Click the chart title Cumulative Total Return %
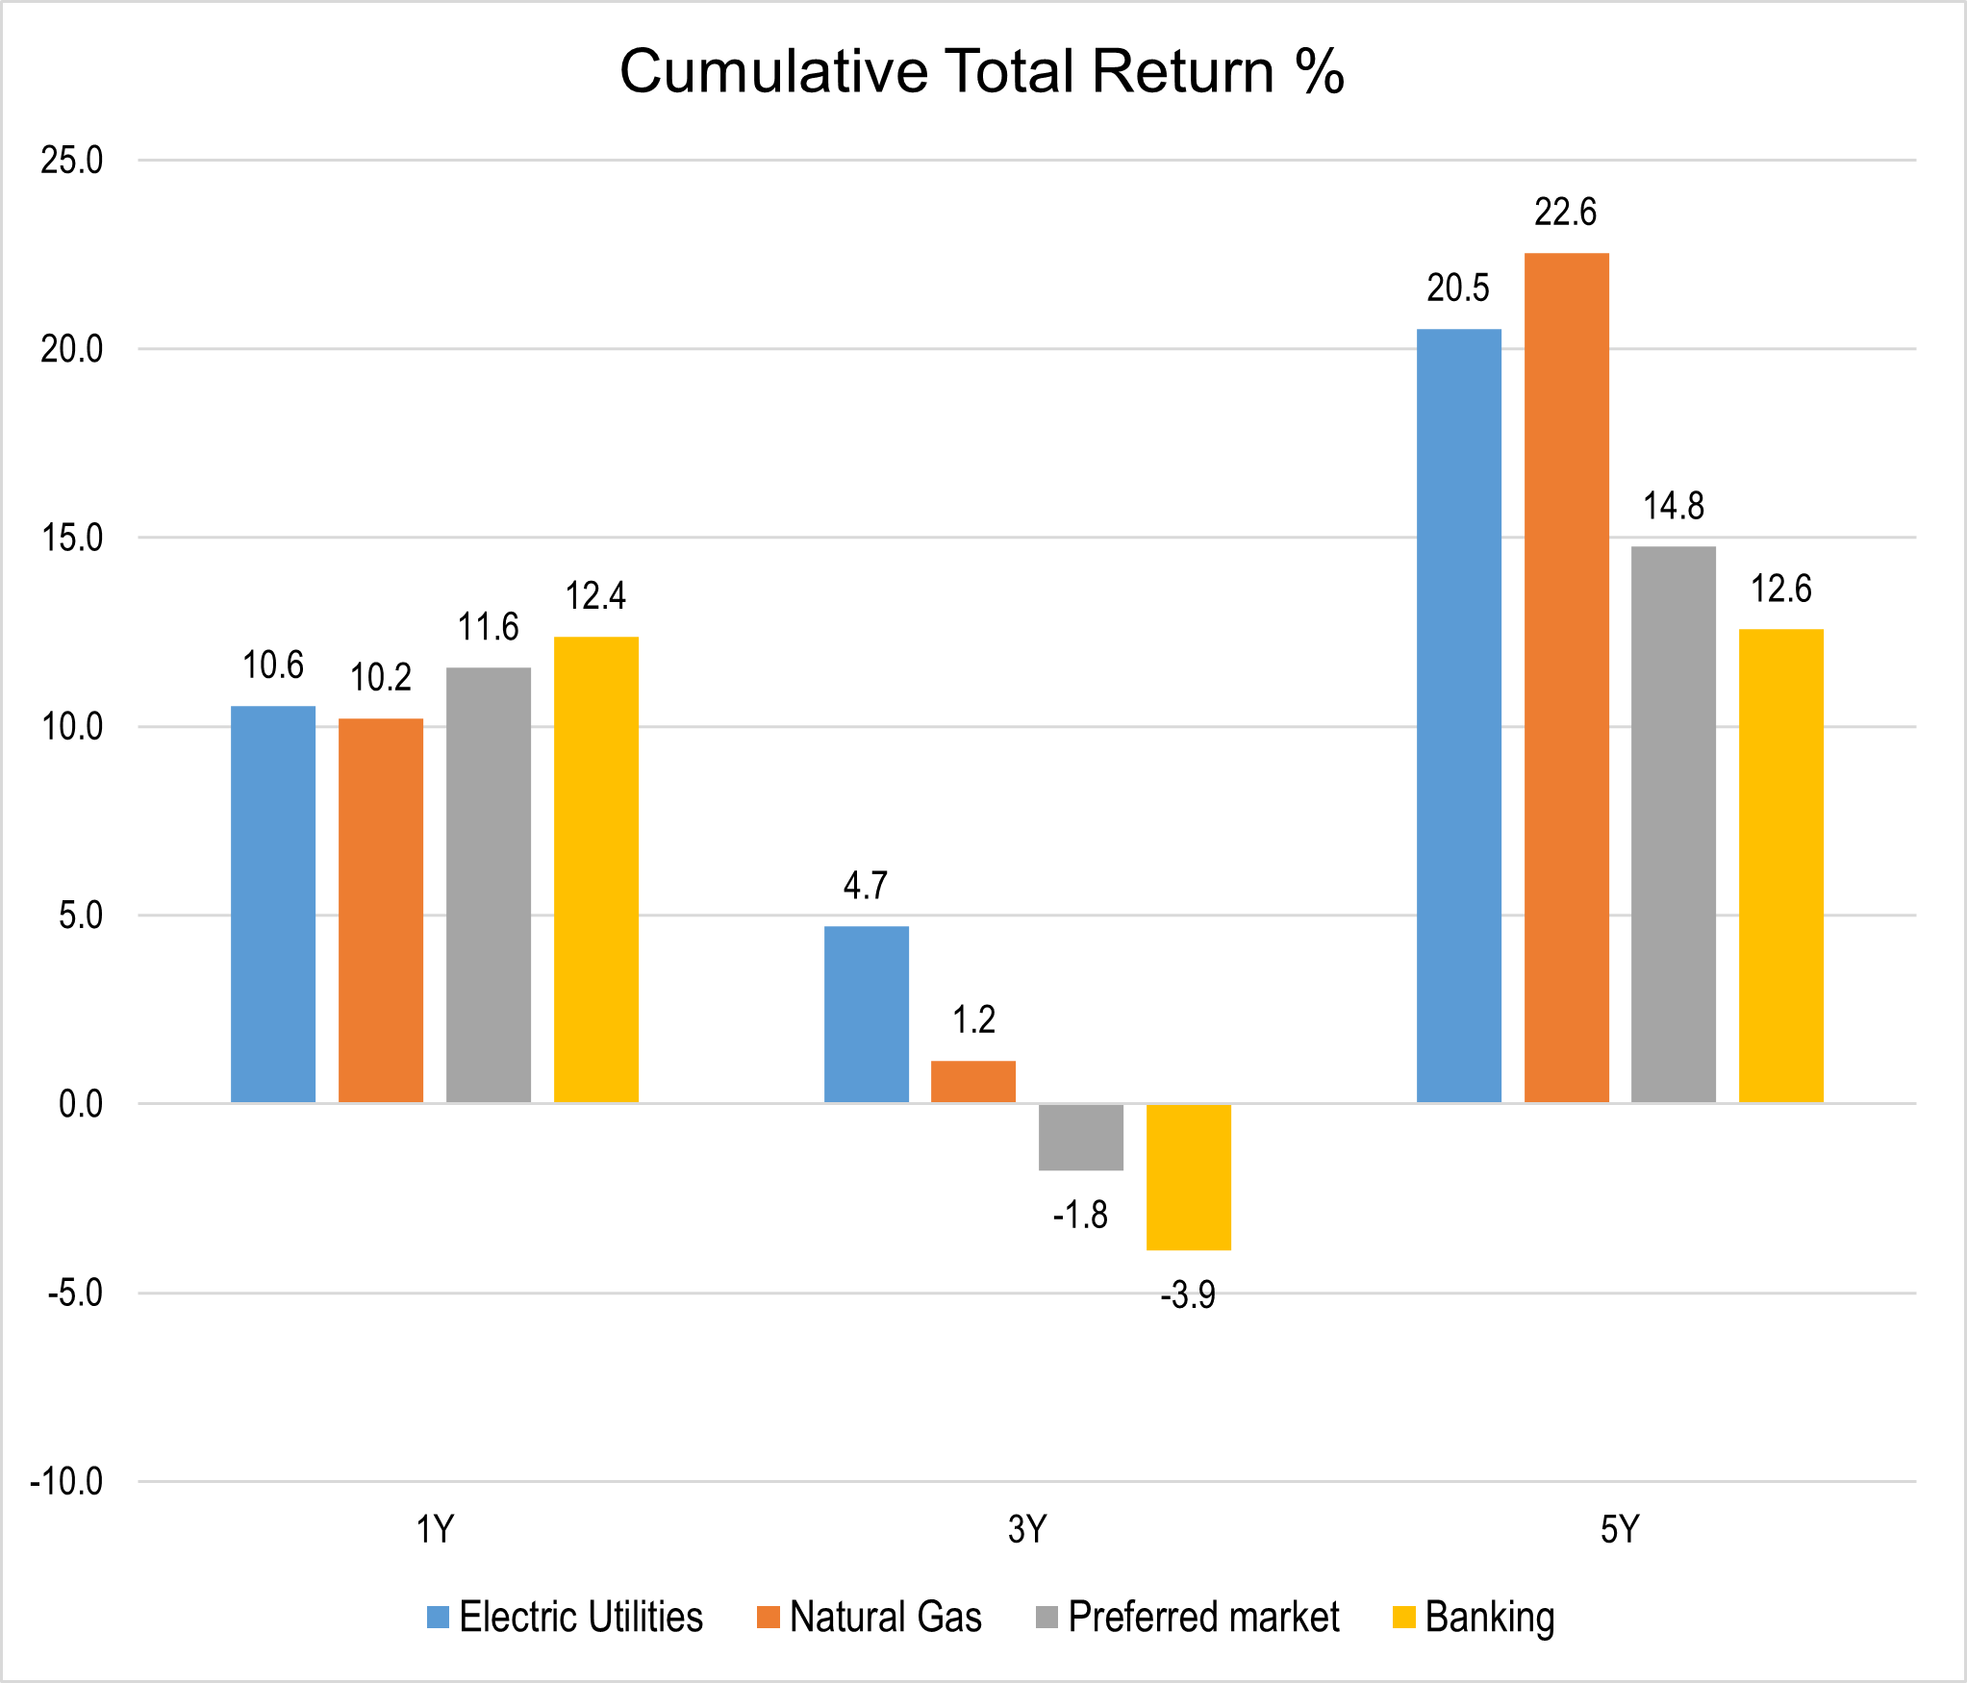981,72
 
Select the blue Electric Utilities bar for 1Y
273,904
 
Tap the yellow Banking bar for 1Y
595,869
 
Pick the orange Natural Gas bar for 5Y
1566,678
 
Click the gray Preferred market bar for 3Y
1081,1138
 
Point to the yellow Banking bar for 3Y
1188,1177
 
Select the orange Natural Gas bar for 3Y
973,1081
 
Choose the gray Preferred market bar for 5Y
1674,824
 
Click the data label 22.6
1565,213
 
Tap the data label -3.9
1188,1296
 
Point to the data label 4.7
866,886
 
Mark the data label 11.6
488,628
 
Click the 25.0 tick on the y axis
72,161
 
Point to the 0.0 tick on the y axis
81,1104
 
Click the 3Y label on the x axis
1027,1529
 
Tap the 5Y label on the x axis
1620,1529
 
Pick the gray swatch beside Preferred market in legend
1047,1618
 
